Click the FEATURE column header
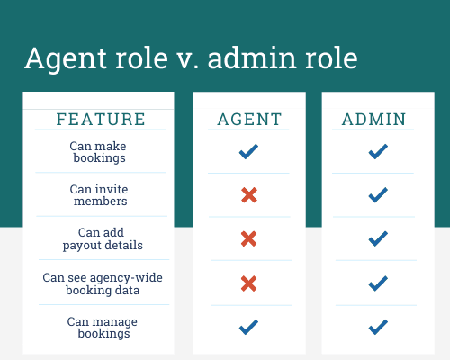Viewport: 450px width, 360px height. pyautogui.click(x=101, y=119)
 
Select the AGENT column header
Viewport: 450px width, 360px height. pyautogui.click(x=249, y=119)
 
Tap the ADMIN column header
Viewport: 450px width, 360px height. pyautogui.click(x=374, y=119)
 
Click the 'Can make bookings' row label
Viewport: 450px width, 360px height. pyautogui.click(x=98, y=152)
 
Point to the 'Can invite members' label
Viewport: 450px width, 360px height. pyautogui.click(x=99, y=195)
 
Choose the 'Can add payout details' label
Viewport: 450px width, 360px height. pyautogui.click(x=103, y=238)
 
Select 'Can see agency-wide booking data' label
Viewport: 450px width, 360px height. pyautogui.click(x=103, y=283)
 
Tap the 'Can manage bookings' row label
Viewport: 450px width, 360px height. pyautogui.click(x=103, y=328)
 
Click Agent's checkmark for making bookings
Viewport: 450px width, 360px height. pyautogui.click(x=248, y=151)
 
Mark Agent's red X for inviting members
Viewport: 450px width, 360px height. pyautogui.click(x=249, y=195)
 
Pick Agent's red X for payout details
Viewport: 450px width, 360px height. pyautogui.click(x=248, y=238)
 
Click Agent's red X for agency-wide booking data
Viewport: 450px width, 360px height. pyautogui.click(x=248, y=283)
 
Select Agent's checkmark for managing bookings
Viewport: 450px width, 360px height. pyautogui.click(x=248, y=327)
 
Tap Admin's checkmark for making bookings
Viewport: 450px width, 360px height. pyautogui.click(x=378, y=151)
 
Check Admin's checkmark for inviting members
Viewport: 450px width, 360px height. pyautogui.click(x=378, y=195)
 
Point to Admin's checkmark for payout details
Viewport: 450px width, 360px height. pyautogui.click(x=378, y=238)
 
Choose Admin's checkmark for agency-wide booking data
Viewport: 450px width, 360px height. pyautogui.click(x=378, y=283)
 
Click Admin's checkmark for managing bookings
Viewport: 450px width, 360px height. pyautogui.click(x=378, y=327)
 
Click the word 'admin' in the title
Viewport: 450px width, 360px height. pyautogui.click(x=253, y=58)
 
